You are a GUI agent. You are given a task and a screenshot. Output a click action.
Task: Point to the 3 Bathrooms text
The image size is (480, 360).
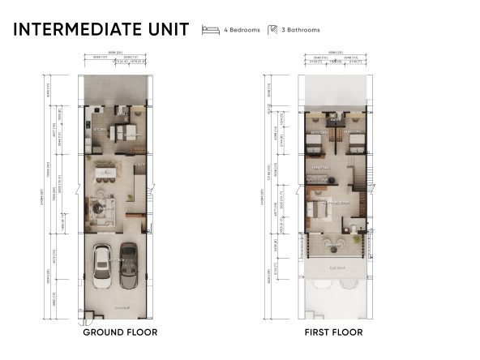(x=303, y=30)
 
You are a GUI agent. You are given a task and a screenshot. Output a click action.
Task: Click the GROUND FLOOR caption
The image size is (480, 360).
(x=120, y=332)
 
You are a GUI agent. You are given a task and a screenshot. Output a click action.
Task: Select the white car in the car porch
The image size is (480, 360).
(x=104, y=265)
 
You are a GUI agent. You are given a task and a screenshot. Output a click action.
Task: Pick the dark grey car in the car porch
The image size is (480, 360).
(x=128, y=267)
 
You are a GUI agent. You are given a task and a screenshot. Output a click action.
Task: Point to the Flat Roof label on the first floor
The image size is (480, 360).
(x=335, y=265)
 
